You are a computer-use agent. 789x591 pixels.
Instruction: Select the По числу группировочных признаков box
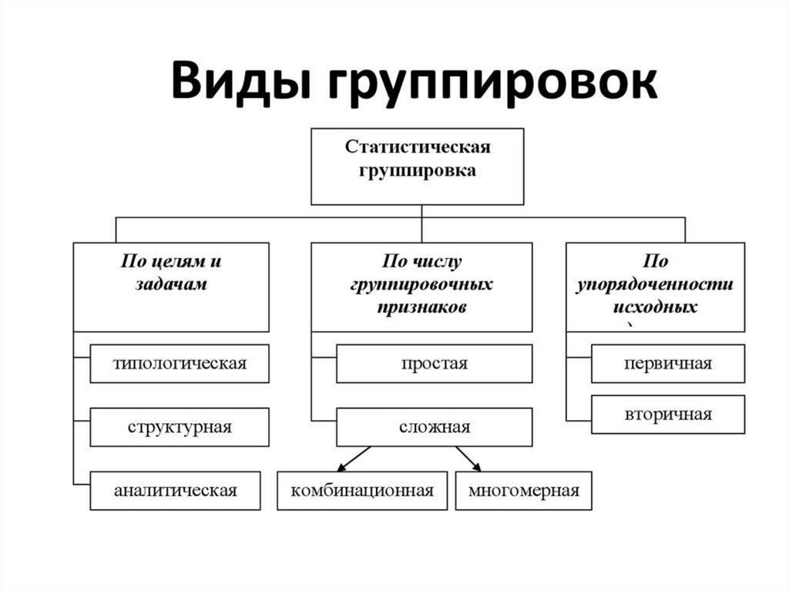pyautogui.click(x=421, y=287)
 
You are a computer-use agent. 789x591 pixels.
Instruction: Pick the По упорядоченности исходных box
pyautogui.click(x=655, y=287)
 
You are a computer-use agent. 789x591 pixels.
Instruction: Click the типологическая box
pyautogui.click(x=180, y=364)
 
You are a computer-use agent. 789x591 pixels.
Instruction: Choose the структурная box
pyautogui.click(x=180, y=427)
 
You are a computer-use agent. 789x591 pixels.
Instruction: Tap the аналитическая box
pyautogui.click(x=180, y=490)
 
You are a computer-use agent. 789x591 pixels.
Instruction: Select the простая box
pyautogui.click(x=434, y=364)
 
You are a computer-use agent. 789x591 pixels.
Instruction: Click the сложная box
pyautogui.click(x=434, y=427)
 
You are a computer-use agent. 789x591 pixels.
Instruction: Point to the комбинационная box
pyautogui.click(x=362, y=490)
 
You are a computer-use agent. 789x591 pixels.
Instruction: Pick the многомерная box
pyautogui.click(x=523, y=490)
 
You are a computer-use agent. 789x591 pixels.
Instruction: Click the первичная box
pyautogui.click(x=668, y=364)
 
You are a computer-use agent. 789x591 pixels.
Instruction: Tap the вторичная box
pyautogui.click(x=668, y=415)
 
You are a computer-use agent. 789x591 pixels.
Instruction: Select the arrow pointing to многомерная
pyautogui.click(x=468, y=458)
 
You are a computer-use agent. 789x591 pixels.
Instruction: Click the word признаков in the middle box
pyautogui.click(x=421, y=307)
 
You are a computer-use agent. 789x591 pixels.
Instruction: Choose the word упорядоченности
pyautogui.click(x=656, y=284)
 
